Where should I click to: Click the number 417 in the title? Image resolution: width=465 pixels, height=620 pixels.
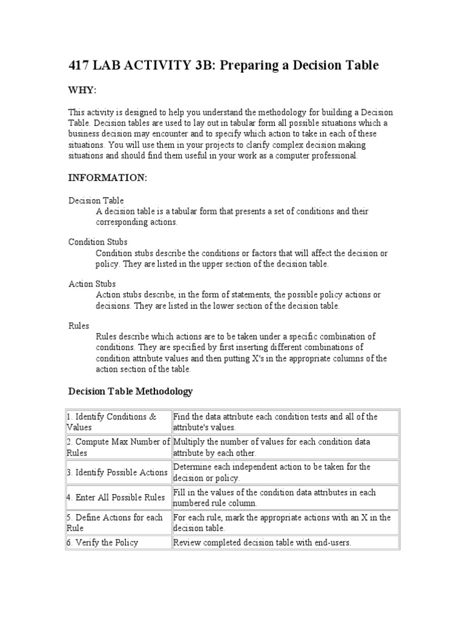81,65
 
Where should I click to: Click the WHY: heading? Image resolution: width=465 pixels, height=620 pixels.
82,90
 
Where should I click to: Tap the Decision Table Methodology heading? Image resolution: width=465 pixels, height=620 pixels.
130,391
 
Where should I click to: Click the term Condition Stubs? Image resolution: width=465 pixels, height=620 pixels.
97,242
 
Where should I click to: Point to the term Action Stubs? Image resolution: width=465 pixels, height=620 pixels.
91,283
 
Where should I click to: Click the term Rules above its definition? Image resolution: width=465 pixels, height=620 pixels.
78,325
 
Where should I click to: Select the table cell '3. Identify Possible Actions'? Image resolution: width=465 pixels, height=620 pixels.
117,472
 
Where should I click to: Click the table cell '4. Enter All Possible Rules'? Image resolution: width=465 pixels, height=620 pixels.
116,498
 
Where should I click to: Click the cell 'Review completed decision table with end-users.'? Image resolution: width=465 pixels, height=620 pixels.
262,542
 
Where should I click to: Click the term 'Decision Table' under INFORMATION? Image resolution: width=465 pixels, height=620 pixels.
96,200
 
